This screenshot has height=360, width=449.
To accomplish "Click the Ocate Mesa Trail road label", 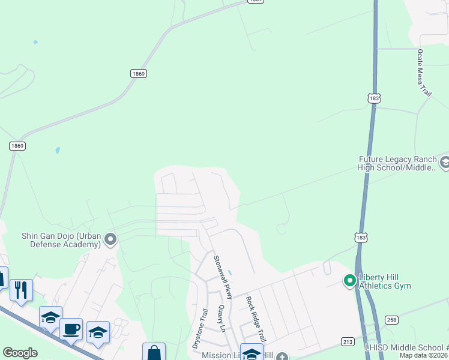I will click(424, 73).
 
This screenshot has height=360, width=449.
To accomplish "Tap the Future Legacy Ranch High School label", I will click(397, 163).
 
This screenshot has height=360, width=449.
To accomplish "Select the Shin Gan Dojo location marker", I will click(110, 240).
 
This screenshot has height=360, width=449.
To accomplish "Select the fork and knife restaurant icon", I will click(21, 290).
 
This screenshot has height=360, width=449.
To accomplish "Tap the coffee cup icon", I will click(71, 329).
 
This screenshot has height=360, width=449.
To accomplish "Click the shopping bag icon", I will click(154, 353).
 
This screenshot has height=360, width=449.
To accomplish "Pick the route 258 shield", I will click(391, 320).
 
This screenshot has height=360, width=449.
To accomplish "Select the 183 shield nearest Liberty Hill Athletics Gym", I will click(361, 238).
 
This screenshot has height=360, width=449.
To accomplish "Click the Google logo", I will click(20, 353).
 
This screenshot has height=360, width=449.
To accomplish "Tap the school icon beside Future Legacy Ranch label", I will click(445, 163).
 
